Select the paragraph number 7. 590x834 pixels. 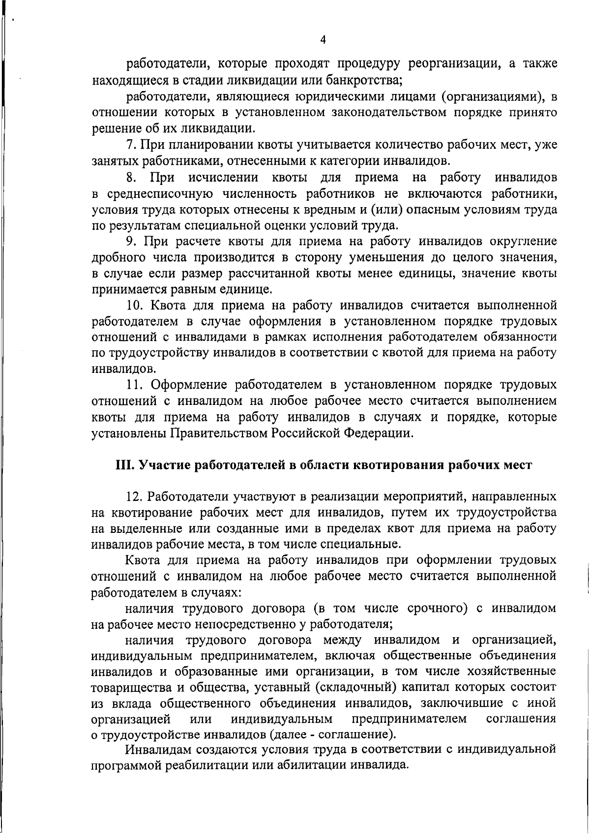pyautogui.click(x=130, y=145)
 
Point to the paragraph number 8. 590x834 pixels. pyautogui.click(x=130, y=177)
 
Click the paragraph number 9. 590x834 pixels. pyautogui.click(x=130, y=242)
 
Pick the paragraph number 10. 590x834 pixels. pyautogui.click(x=134, y=306)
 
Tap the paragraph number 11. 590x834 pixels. pyautogui.click(x=134, y=384)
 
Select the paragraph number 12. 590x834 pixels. pyautogui.click(x=134, y=496)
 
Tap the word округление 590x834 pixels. pyautogui.click(x=523, y=242)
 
